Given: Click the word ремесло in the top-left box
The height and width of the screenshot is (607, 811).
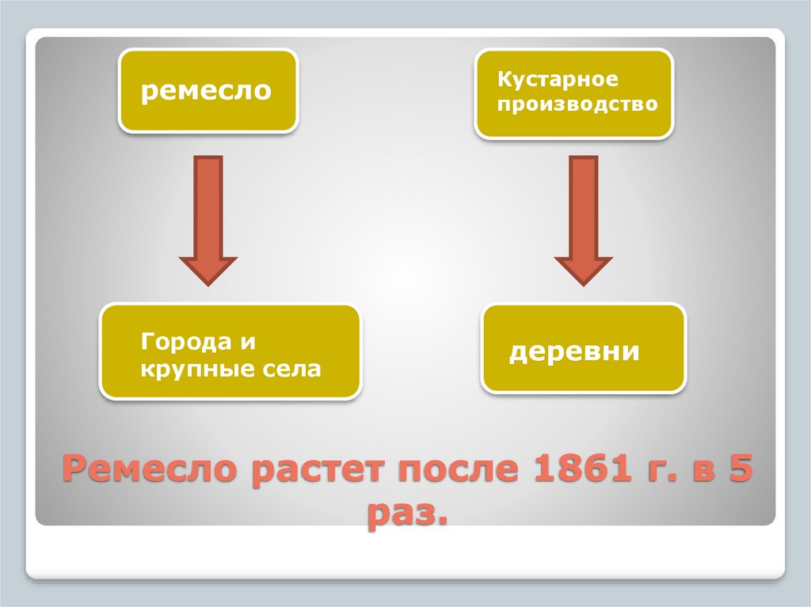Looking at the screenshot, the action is (206, 92).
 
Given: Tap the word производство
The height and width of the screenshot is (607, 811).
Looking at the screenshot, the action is (577, 104).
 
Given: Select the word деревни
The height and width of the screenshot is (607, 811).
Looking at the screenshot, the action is (574, 351).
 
